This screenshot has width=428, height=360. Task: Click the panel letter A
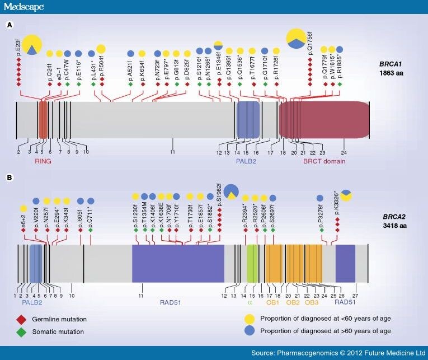[x=9, y=25]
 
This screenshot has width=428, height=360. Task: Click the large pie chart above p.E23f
[x=32, y=44]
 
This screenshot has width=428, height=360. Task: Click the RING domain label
[x=44, y=161]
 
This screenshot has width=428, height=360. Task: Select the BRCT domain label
[x=324, y=161]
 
